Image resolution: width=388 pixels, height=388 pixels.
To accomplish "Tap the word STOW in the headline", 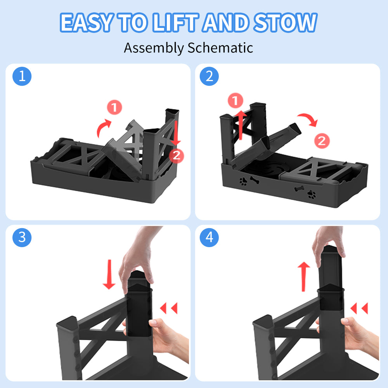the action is point(285,23).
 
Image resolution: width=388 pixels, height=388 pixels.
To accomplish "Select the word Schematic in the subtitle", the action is point(220,47).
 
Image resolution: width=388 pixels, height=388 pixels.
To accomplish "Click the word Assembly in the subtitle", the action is point(154,48).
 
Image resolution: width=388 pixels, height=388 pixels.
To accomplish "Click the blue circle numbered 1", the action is point(22,76).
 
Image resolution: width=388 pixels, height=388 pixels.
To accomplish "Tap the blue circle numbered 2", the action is point(210,76).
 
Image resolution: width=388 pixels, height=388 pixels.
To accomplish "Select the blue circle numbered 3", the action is point(22,237).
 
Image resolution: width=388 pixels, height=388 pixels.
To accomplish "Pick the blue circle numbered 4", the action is point(210,237).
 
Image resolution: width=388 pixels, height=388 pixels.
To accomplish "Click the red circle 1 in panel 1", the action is point(114,107).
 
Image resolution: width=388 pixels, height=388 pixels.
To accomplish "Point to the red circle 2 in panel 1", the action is point(177,156).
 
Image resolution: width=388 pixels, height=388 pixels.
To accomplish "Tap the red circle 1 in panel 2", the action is point(236,100).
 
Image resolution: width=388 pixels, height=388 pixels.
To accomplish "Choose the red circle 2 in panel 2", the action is point(322,141).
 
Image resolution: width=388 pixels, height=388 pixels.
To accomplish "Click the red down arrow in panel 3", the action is point(109,274).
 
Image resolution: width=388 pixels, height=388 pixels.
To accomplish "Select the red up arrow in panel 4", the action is point(304,277).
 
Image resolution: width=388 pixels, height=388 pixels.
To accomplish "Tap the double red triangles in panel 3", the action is point(169,308).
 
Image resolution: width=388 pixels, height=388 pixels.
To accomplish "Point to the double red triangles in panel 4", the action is point(359,308).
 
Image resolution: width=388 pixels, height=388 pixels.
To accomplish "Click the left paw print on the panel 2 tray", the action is point(243,181).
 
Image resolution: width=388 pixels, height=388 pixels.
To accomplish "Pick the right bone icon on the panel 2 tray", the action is point(299,189).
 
